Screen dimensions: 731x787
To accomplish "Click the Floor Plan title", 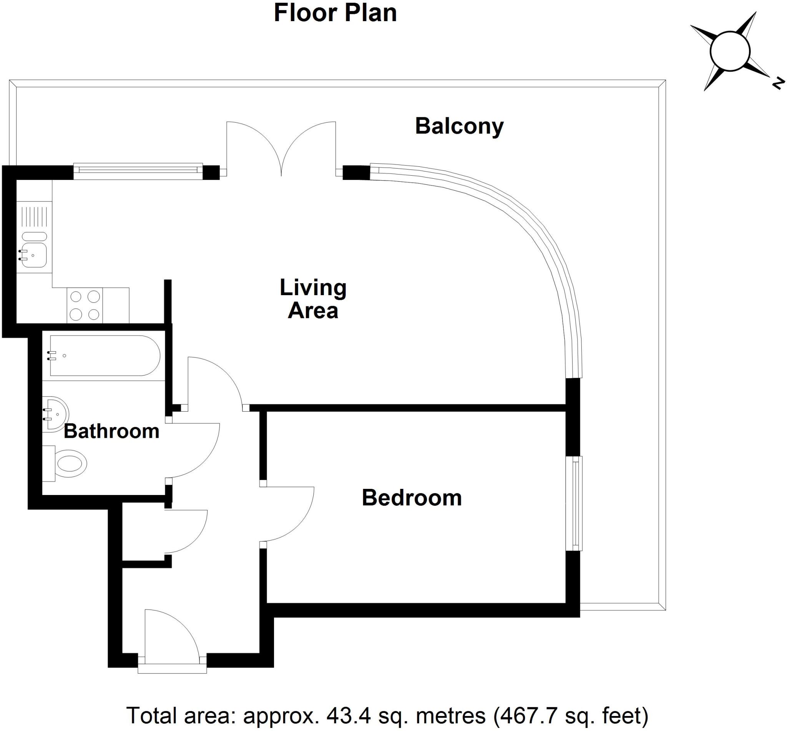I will (335, 13).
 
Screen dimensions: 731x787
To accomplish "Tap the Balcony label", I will (459, 126).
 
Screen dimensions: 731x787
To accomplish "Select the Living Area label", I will (313, 299).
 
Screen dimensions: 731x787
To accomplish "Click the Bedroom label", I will (411, 498).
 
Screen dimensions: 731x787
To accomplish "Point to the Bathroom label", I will (111, 431).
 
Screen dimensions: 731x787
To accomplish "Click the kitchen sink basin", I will (34, 255).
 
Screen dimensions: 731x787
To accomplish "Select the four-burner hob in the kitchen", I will (85, 306).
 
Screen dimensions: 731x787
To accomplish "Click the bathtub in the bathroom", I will (105, 356).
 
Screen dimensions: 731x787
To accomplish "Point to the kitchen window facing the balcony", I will (138, 171).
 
